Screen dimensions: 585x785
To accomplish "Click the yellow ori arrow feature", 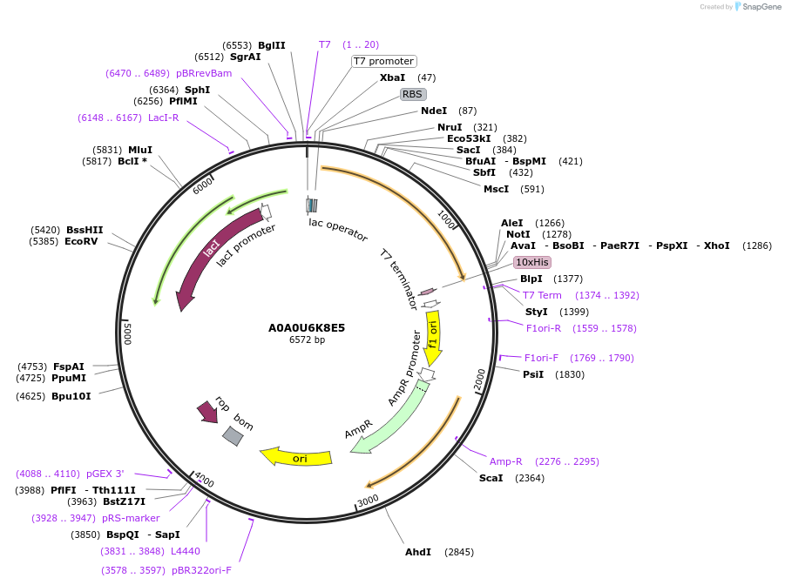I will tap(297, 456).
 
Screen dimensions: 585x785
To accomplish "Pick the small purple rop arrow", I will tap(207, 411).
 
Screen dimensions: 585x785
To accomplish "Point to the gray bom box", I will tap(233, 436).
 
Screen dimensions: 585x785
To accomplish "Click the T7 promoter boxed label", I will tap(383, 61).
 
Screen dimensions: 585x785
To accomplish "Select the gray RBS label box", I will tap(412, 94).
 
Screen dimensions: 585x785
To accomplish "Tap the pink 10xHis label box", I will tap(531, 262).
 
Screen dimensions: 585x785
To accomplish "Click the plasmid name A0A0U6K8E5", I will tap(307, 328).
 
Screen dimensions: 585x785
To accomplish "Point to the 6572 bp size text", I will tap(307, 340).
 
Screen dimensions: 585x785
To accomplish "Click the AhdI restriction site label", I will tap(418, 552).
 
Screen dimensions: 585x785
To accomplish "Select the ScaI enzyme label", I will tap(491, 478).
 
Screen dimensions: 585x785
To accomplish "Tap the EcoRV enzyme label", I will tap(81, 241).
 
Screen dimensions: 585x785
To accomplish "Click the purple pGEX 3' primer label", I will tap(105, 474).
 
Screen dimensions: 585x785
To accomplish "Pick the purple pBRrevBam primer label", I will tap(204, 73).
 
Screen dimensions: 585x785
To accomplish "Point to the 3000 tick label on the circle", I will tap(369, 500).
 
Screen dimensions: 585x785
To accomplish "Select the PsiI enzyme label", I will tap(533, 374).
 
